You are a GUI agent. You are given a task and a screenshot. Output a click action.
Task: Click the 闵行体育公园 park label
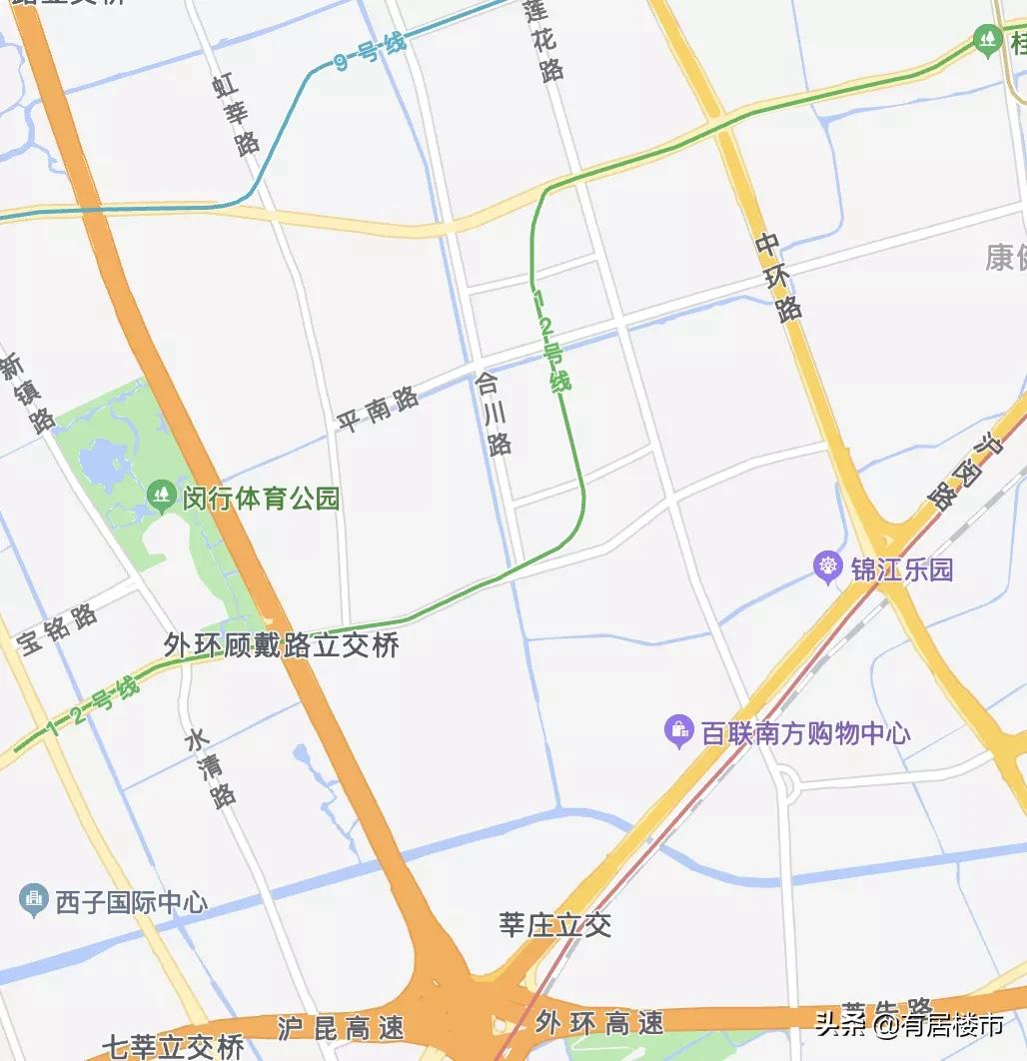261,498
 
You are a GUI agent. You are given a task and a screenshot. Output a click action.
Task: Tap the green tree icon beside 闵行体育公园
160,494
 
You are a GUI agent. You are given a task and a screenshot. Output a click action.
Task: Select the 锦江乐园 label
901,569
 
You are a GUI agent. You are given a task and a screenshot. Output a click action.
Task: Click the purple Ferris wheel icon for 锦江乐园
827,567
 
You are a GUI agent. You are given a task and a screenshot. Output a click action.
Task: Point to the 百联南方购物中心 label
805,733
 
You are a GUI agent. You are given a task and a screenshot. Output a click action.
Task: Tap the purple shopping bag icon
679,731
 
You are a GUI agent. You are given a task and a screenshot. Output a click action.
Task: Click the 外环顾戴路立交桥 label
282,644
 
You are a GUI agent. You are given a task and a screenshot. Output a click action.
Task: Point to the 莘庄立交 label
555,925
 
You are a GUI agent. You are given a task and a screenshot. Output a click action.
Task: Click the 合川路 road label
493,414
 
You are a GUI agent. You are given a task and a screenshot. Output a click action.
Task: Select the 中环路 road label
779,277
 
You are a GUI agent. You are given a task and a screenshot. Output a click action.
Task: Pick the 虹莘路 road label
236,114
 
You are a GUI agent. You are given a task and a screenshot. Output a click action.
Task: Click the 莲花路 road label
545,40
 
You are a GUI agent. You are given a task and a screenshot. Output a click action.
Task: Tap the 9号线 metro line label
371,51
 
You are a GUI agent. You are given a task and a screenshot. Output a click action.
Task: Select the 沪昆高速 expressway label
327,1026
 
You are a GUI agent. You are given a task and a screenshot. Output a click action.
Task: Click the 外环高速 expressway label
599,1022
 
